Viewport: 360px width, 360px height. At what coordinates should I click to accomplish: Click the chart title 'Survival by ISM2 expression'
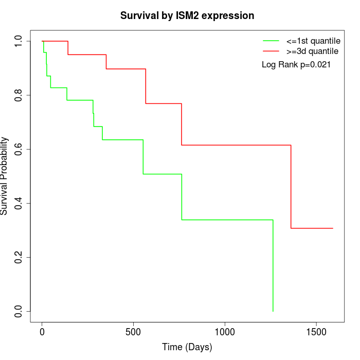pos(187,16)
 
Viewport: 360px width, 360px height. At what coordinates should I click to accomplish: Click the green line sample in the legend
pos(271,41)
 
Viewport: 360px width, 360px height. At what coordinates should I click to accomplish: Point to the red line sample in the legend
pos(271,51)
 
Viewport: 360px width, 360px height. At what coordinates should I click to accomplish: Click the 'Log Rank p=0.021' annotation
pos(296,65)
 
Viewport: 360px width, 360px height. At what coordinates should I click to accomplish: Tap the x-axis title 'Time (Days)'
pos(187,348)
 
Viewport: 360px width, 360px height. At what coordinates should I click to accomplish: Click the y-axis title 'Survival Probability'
pos(5,176)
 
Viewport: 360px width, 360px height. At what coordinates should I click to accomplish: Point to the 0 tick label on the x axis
pos(42,332)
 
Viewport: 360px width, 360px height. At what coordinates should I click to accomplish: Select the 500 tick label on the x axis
pos(133,332)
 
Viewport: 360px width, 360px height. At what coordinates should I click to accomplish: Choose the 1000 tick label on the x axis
pos(225,332)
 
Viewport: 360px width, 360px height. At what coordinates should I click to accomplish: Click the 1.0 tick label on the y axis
pos(19,41)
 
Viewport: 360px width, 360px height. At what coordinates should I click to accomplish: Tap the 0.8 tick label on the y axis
pos(19,95)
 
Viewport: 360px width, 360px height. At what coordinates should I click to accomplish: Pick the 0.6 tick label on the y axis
pos(19,149)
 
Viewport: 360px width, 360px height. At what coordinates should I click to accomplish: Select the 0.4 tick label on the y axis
pos(19,203)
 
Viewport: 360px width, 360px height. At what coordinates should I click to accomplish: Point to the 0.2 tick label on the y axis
pos(19,257)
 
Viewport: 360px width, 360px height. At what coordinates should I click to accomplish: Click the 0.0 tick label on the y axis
pos(19,311)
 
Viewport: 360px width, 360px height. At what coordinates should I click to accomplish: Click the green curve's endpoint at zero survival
pos(273,311)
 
